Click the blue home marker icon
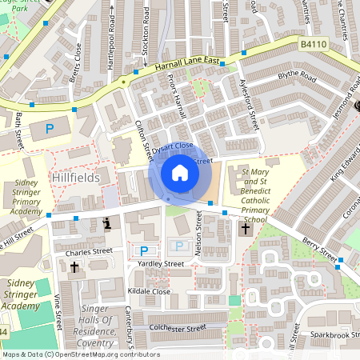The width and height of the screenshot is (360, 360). (180, 173)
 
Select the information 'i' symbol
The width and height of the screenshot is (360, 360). (107, 224)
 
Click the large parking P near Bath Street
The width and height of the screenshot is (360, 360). (50, 128)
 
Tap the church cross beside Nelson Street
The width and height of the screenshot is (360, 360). (246, 230)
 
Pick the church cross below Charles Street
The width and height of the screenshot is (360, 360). (74, 268)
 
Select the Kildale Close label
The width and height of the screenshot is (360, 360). (149, 293)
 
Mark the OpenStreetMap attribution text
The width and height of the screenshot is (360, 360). (80, 354)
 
